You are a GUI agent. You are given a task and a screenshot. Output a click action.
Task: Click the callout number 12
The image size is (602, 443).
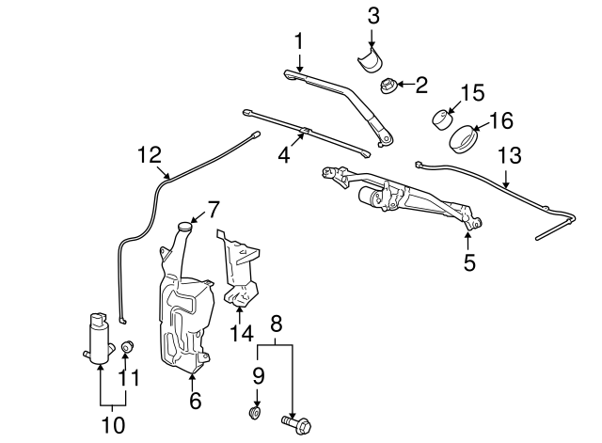coord(150,155)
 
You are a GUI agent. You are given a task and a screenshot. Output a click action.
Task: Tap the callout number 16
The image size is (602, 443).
coord(501,120)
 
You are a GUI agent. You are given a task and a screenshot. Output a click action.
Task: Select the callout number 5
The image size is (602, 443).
coord(469,262)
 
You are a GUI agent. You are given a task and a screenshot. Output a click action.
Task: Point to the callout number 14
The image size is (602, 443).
coord(242,333)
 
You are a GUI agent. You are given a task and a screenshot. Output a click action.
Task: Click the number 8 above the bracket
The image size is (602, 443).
coord(276,324)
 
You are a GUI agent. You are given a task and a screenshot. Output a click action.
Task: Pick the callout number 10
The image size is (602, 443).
coord(114,425)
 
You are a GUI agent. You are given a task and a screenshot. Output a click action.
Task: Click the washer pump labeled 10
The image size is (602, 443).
coord(99,338)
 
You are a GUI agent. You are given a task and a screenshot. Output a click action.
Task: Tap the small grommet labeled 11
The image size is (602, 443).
coord(127,347)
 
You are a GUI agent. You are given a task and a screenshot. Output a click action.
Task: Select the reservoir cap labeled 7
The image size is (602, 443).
coord(185,227)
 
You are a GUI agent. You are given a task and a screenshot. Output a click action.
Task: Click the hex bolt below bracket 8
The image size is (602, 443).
coord(296,424)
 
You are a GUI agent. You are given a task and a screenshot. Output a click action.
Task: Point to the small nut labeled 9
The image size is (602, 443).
coord(255,414)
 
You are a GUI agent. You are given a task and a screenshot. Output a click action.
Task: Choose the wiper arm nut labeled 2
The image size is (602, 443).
coord(388,86)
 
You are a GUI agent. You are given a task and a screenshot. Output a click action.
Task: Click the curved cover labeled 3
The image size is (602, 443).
coord(369,60)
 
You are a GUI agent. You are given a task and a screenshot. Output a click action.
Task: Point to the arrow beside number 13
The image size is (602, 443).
coord(506,180)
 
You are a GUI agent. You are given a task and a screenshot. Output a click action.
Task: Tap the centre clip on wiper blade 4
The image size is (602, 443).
coord(305,132)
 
